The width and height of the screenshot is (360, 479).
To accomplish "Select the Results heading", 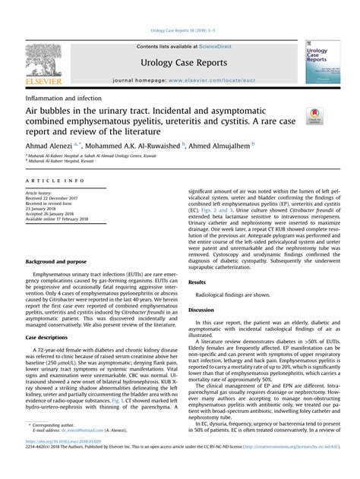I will tap(197, 260).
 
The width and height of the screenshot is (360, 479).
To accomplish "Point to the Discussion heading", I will tap(201, 288).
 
